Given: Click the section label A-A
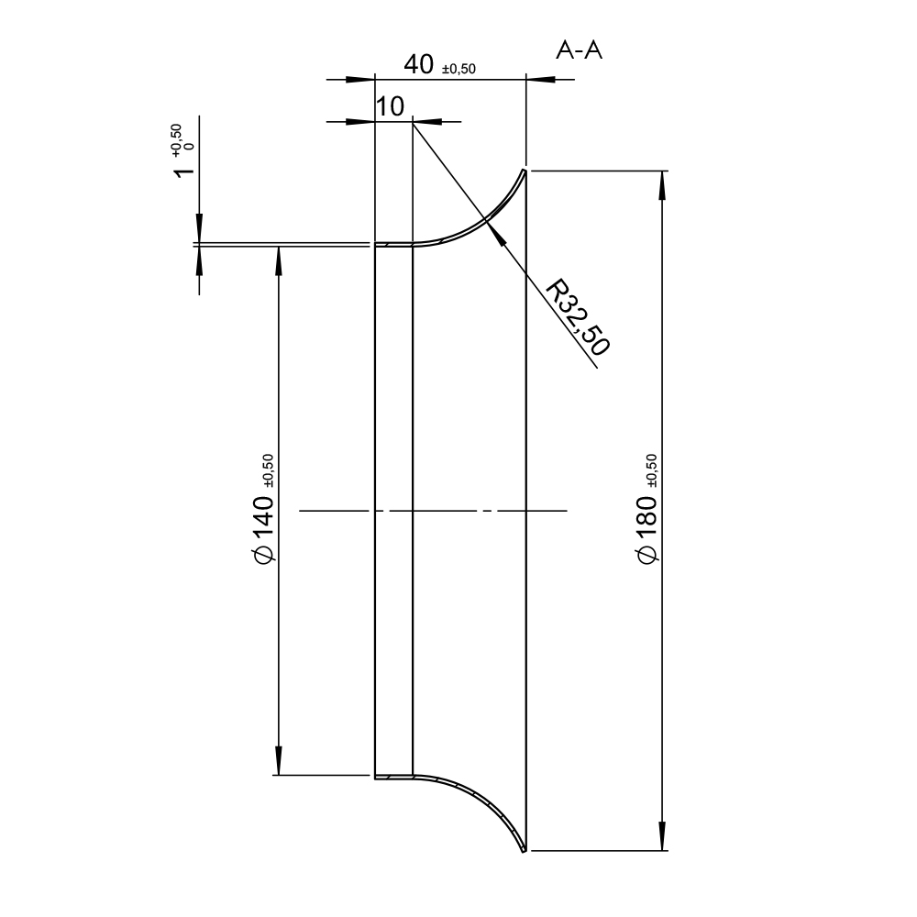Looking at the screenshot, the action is coord(579,50).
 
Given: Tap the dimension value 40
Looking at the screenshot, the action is coord(419,64).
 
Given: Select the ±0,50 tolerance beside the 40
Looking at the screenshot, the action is coord(459,69).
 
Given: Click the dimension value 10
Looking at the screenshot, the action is coord(390,107).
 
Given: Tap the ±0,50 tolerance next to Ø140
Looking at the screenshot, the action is coord(268,470).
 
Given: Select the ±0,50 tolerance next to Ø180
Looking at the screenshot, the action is coord(652,470).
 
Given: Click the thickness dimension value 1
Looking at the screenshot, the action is coord(185,171).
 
